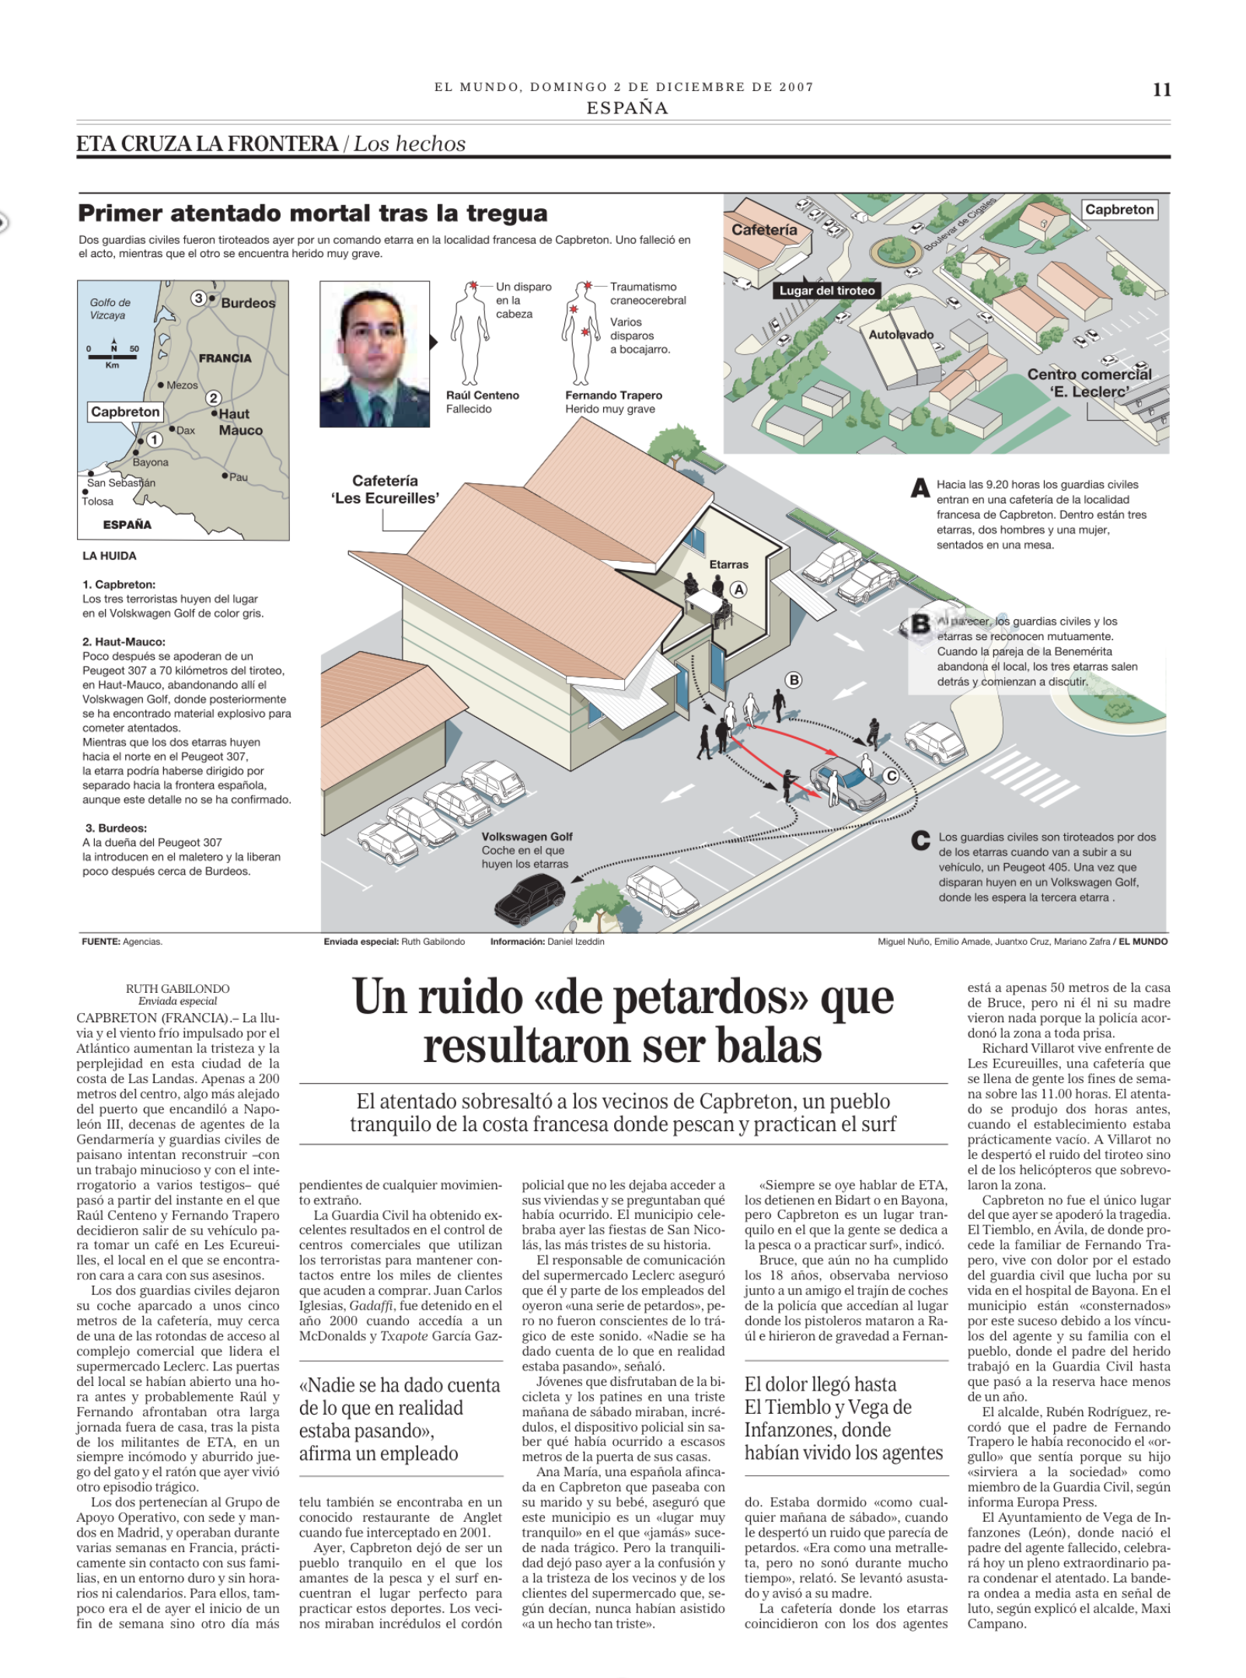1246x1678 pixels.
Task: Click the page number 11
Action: tap(1161, 90)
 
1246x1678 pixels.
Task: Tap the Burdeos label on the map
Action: tap(248, 303)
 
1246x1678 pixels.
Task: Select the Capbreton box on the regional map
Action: tap(125, 412)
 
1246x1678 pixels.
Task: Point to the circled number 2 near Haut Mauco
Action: tap(213, 399)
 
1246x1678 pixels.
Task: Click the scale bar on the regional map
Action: tap(113, 357)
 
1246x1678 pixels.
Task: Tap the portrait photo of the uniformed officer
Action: tap(375, 354)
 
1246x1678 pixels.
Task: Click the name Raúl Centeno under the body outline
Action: tap(482, 395)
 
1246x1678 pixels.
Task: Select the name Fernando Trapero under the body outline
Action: tap(613, 395)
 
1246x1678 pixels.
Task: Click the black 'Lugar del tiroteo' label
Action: tap(827, 291)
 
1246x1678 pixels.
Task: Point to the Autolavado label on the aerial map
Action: tap(901, 335)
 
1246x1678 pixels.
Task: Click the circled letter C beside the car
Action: tap(891, 776)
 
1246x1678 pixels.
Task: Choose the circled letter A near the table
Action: tap(738, 590)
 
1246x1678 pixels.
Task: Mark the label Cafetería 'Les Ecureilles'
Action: tap(385, 489)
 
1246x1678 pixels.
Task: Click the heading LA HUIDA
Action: tap(110, 555)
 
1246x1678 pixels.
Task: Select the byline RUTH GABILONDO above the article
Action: tap(178, 989)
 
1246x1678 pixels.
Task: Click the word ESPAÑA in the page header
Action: tap(626, 108)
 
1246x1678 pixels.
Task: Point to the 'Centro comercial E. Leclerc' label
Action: tap(1089, 383)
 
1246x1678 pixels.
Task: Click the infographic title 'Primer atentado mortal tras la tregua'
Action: tap(312, 213)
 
